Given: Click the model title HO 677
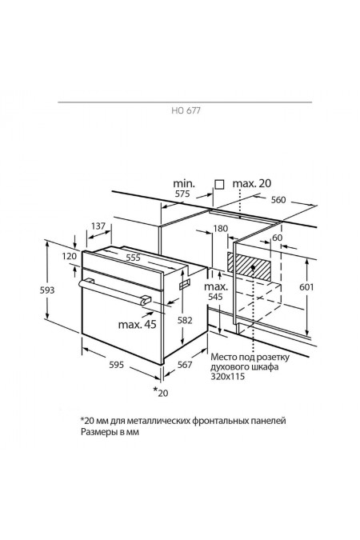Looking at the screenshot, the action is click(x=186, y=110).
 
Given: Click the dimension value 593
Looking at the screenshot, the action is click(x=47, y=290).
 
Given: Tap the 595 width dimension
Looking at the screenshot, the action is click(x=116, y=364).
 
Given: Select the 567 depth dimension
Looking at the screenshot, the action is click(x=185, y=364).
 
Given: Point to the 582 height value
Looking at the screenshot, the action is click(x=185, y=320).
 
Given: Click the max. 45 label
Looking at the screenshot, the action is click(x=137, y=324).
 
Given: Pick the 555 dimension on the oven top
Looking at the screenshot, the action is click(x=133, y=258).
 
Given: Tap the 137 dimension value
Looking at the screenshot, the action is click(x=98, y=226).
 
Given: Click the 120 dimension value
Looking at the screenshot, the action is click(x=70, y=256).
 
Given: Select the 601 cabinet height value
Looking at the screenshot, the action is click(x=306, y=286).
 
